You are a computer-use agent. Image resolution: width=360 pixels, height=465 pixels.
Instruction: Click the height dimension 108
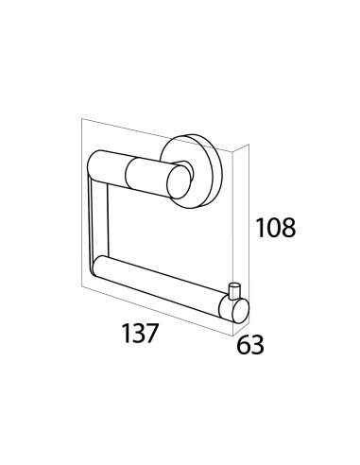coord(276,228)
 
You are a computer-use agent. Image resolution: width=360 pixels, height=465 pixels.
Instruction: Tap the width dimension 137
coord(140,334)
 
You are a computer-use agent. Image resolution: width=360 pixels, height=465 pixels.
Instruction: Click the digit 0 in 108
coord(273,228)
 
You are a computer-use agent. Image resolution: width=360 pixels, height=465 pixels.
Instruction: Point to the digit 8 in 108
coord(288,228)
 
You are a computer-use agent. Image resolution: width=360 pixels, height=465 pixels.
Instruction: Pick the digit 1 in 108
coord(260,228)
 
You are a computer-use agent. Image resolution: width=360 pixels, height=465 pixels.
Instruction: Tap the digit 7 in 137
coord(150,334)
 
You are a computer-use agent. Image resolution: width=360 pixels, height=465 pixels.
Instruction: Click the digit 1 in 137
coord(126,334)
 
